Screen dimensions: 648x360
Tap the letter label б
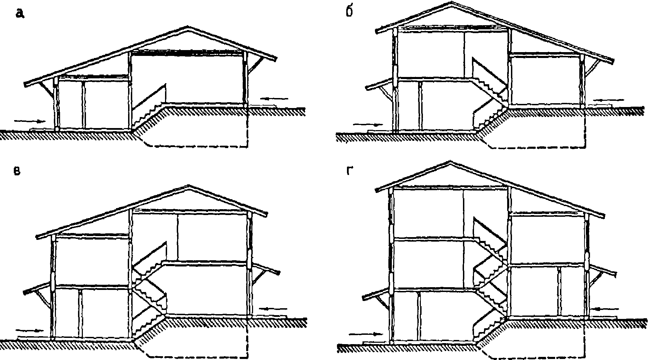click(349, 12)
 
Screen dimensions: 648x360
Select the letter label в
click(16, 172)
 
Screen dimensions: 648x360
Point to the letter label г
click(349, 171)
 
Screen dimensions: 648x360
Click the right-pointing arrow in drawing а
click(30, 121)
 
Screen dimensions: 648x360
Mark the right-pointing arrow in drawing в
click(30, 330)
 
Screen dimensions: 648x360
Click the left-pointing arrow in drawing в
click(273, 308)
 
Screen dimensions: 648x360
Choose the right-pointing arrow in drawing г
click(366, 334)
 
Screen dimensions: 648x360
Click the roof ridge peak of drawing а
click(188, 27)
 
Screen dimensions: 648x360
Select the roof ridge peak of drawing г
click(450, 162)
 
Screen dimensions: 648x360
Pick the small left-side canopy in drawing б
click(380, 86)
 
